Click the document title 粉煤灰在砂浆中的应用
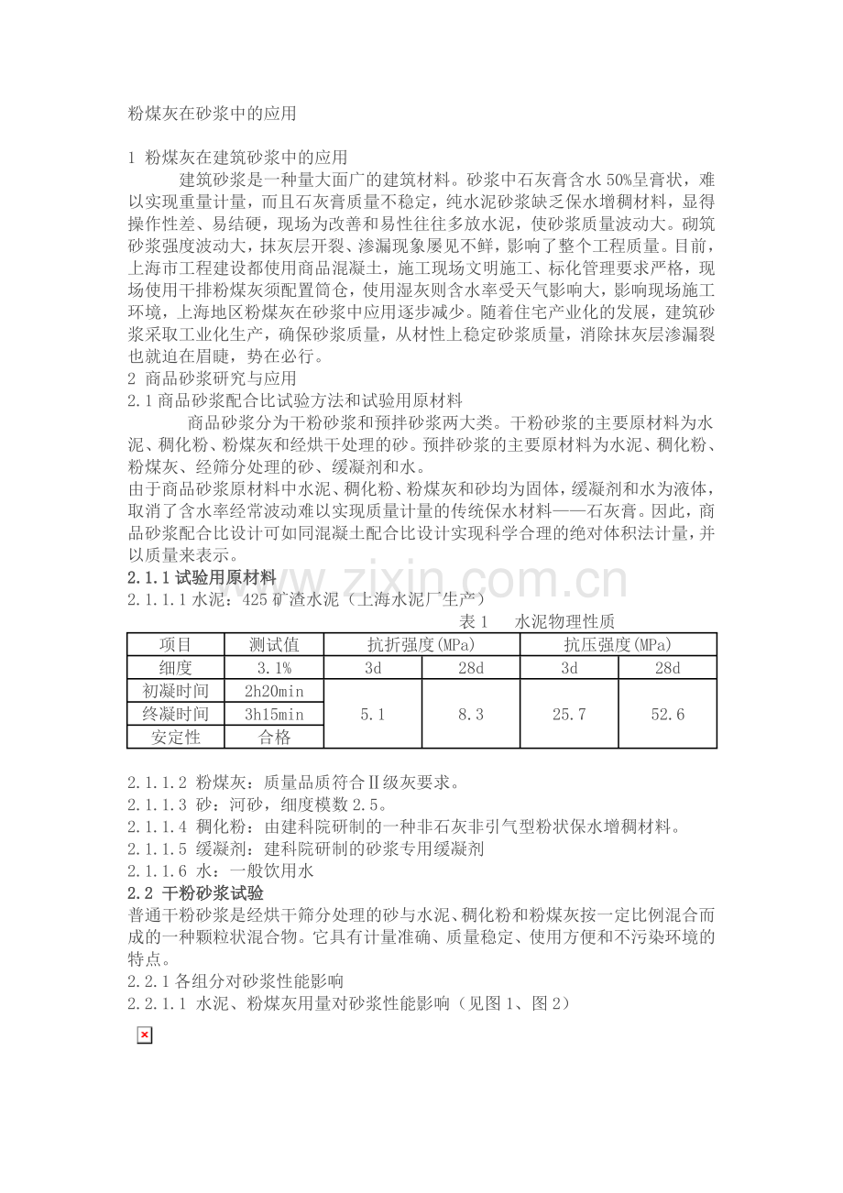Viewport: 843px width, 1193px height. (213, 114)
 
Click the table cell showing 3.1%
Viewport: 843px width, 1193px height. (274, 668)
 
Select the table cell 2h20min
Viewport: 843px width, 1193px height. (274, 691)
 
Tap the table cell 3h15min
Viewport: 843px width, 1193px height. (274, 714)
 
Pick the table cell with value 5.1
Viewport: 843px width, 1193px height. (373, 714)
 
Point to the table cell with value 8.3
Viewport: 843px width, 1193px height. (471, 714)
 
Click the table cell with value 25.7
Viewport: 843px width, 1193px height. (569, 714)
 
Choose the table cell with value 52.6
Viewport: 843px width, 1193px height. (667, 714)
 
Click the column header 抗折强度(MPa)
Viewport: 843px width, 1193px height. (421, 644)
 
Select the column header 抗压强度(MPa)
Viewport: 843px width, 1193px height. (618, 644)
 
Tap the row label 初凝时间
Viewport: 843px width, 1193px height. (176, 691)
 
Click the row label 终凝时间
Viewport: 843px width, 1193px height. (176, 714)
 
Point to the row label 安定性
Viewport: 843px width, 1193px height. (176, 737)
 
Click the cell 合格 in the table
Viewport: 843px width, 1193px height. (274, 737)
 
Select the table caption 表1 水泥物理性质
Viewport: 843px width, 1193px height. (537, 621)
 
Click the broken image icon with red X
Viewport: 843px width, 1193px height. (144, 1035)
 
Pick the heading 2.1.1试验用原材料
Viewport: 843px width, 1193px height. (202, 577)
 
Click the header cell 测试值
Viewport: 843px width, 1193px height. (274, 644)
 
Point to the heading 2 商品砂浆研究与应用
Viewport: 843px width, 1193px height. (213, 378)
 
